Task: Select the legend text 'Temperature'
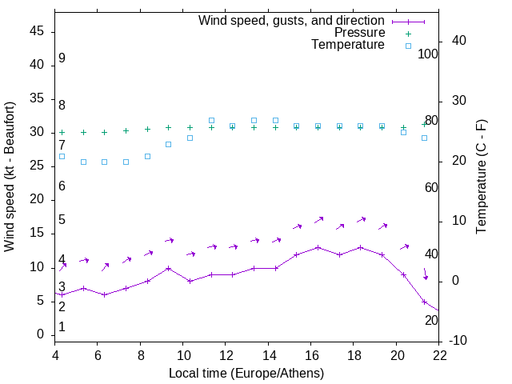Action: (x=348, y=45)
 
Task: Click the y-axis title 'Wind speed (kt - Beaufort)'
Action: (x=10, y=177)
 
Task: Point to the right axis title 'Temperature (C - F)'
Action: (x=481, y=177)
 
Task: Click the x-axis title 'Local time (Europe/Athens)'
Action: (x=246, y=374)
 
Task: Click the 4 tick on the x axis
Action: (x=55, y=356)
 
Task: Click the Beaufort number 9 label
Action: (x=62, y=58)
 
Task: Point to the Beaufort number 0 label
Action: (x=62, y=327)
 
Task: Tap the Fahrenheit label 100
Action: (x=429, y=54)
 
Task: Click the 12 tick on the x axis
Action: (x=226, y=356)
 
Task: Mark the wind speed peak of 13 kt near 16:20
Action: (x=318, y=247)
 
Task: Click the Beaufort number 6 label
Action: (x=62, y=186)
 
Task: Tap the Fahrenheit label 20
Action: (x=431, y=321)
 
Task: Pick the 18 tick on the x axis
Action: (x=354, y=356)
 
